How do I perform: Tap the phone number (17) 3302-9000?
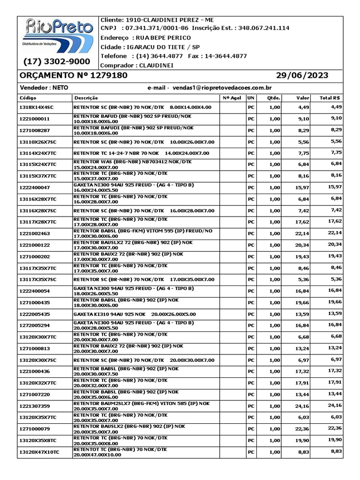click(x=57, y=62)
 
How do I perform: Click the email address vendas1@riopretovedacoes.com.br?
click(x=223, y=88)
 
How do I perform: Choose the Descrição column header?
click(x=86, y=98)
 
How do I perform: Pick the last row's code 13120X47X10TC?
click(x=39, y=452)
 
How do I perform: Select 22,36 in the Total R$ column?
click(x=335, y=428)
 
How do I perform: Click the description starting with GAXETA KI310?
click(x=135, y=314)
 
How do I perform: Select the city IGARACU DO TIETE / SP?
click(x=162, y=47)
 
